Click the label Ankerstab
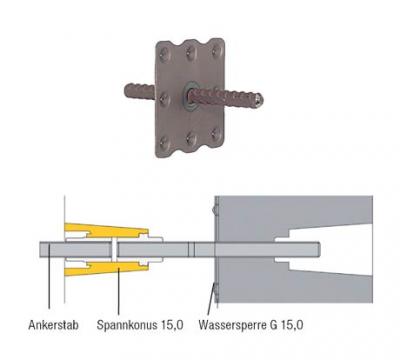pyautogui.click(x=53, y=325)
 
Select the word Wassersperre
pyautogui.click(x=231, y=325)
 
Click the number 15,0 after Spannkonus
pyautogui.click(x=172, y=325)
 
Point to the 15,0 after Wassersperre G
pyautogui.click(x=292, y=325)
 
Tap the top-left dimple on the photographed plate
pyautogui.click(x=164, y=52)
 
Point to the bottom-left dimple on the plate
pyautogui.click(x=165, y=143)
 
